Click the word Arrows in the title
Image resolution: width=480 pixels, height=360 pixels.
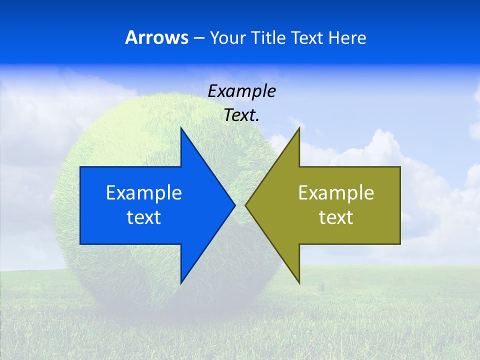[157, 37]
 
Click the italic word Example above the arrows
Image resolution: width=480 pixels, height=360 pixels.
[241, 91]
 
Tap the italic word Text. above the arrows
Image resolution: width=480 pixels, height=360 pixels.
[241, 115]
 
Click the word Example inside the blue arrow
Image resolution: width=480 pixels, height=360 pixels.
[144, 192]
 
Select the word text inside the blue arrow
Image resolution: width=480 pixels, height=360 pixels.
[144, 217]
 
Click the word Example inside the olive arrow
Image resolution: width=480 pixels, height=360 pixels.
[336, 192]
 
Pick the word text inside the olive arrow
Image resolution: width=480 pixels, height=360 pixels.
[336, 217]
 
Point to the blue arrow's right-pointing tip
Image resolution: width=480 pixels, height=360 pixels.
[234, 205]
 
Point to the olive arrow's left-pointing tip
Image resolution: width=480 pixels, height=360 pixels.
[245, 205]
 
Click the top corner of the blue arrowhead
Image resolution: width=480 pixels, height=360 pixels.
[181, 127]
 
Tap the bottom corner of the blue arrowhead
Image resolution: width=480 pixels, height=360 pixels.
[181, 283]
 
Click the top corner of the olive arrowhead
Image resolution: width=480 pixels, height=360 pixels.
[299, 127]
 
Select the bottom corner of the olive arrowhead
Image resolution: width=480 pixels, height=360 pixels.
[299, 283]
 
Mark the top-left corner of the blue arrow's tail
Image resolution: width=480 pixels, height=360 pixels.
[80, 167]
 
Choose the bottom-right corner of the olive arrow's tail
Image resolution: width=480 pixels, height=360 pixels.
[400, 244]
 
